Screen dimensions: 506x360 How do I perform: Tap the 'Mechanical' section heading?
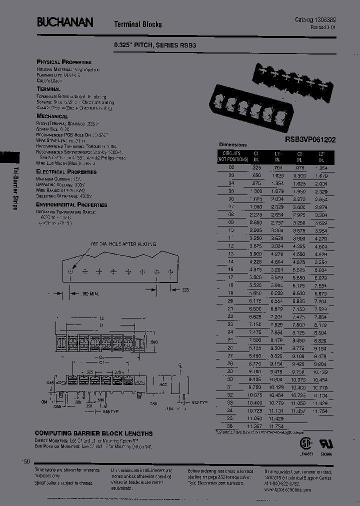(x=52, y=116)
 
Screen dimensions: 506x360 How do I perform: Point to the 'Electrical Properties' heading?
(x=66, y=171)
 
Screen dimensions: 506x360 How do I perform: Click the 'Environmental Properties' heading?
(x=71, y=204)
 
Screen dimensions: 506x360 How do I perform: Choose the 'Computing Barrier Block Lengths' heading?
(x=93, y=433)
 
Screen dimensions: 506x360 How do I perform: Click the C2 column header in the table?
(x=300, y=154)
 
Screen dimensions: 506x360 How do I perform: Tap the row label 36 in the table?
(x=230, y=425)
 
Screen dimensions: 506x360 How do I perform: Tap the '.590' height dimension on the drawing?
(x=154, y=341)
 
